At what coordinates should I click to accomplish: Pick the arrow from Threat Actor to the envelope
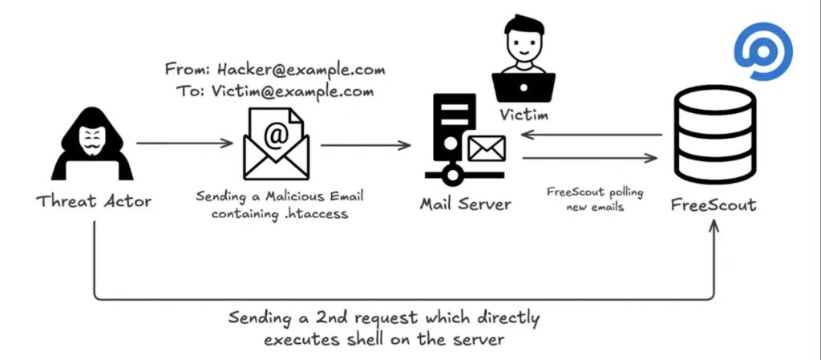(x=184, y=144)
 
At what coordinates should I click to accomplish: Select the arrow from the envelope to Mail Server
(x=366, y=145)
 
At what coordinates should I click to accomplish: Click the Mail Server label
(x=465, y=204)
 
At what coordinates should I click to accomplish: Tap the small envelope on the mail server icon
(x=486, y=148)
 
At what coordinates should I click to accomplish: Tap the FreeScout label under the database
(x=713, y=204)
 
